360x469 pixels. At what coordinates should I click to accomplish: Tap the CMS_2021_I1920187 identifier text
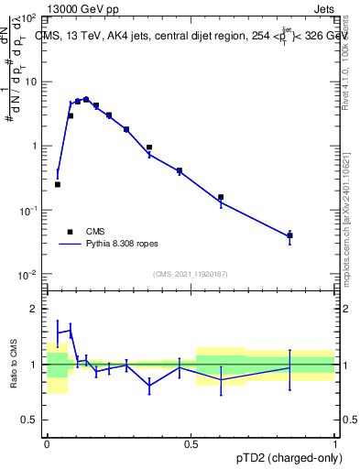(191, 274)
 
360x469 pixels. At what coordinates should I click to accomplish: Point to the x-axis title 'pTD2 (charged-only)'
(284, 457)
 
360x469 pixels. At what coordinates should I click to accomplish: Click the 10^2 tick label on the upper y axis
(27, 18)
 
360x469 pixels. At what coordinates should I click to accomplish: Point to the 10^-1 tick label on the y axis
(27, 211)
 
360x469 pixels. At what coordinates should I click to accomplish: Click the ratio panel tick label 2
(35, 309)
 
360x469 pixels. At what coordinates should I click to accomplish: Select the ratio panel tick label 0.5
(31, 420)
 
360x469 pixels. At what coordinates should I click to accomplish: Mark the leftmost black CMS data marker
(58, 184)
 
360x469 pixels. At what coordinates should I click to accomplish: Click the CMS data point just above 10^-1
(221, 197)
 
